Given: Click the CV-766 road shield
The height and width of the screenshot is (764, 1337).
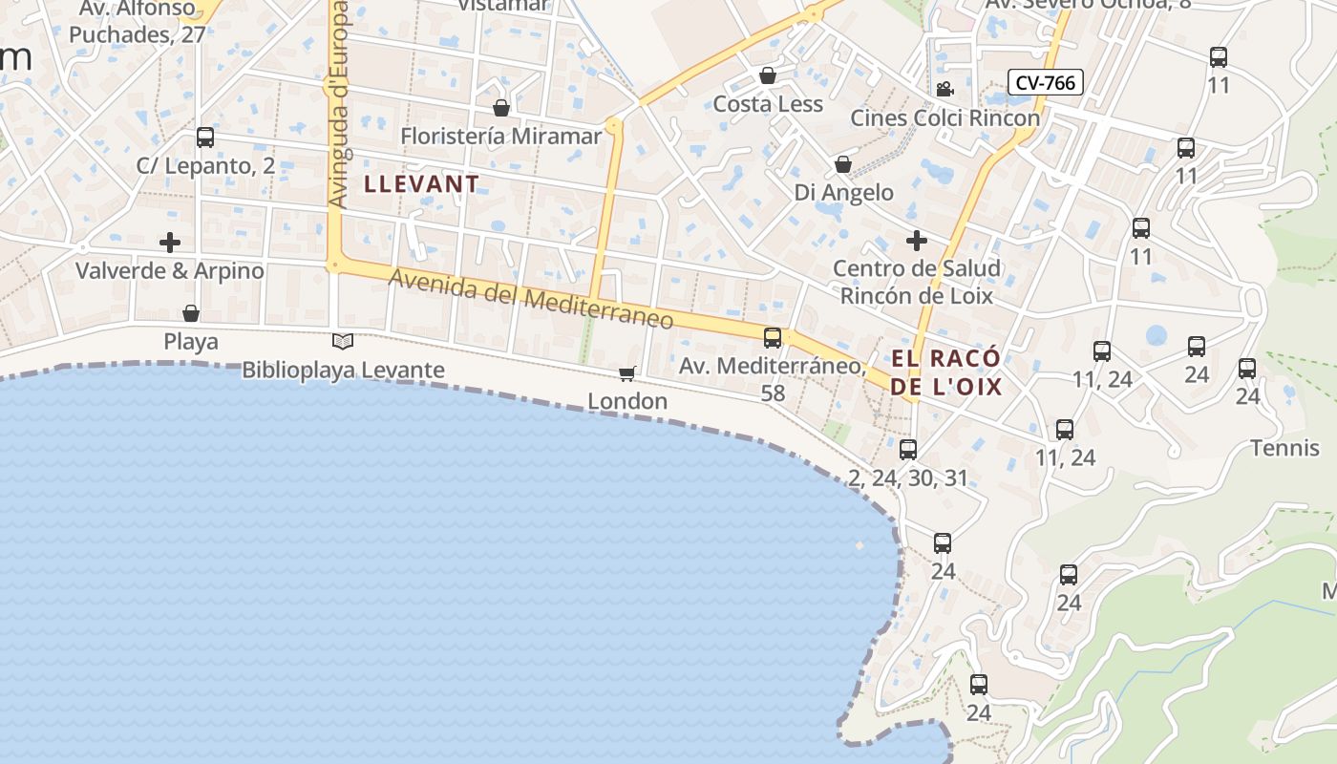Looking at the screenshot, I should [x=1045, y=83].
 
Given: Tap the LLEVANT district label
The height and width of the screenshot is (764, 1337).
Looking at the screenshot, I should [x=422, y=183].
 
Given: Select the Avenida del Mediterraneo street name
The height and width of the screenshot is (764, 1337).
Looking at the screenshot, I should [x=531, y=299].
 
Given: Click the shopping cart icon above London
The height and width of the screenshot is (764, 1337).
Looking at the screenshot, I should [x=626, y=373].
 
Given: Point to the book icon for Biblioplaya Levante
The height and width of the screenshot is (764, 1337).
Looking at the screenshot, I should [x=343, y=341].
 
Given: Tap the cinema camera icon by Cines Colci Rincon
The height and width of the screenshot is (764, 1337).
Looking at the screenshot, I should [x=944, y=90].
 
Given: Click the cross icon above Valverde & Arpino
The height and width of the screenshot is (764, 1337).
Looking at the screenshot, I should [x=170, y=243].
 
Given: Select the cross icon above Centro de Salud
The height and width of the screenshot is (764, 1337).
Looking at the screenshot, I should [x=917, y=240].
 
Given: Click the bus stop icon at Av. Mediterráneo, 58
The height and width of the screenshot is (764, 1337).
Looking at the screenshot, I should [x=773, y=337].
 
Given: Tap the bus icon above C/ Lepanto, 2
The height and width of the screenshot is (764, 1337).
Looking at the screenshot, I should [x=205, y=138].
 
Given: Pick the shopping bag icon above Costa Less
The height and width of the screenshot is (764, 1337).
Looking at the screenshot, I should [x=768, y=75].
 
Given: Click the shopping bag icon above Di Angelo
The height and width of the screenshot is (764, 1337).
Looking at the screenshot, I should [x=843, y=164].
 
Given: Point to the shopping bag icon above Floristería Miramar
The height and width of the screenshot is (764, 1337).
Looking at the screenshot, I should [x=501, y=108].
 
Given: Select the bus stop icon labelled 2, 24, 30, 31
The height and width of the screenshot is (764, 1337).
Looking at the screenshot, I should [x=908, y=449].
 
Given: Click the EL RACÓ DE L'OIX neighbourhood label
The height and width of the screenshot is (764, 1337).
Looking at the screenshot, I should [x=946, y=372].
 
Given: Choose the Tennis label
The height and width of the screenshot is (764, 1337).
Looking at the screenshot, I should [x=1284, y=448].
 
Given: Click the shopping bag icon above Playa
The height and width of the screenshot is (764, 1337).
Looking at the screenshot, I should [x=191, y=313].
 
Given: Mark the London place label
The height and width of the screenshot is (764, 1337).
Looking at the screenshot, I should [x=627, y=401].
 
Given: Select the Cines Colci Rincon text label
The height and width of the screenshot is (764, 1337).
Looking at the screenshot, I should [x=944, y=118].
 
